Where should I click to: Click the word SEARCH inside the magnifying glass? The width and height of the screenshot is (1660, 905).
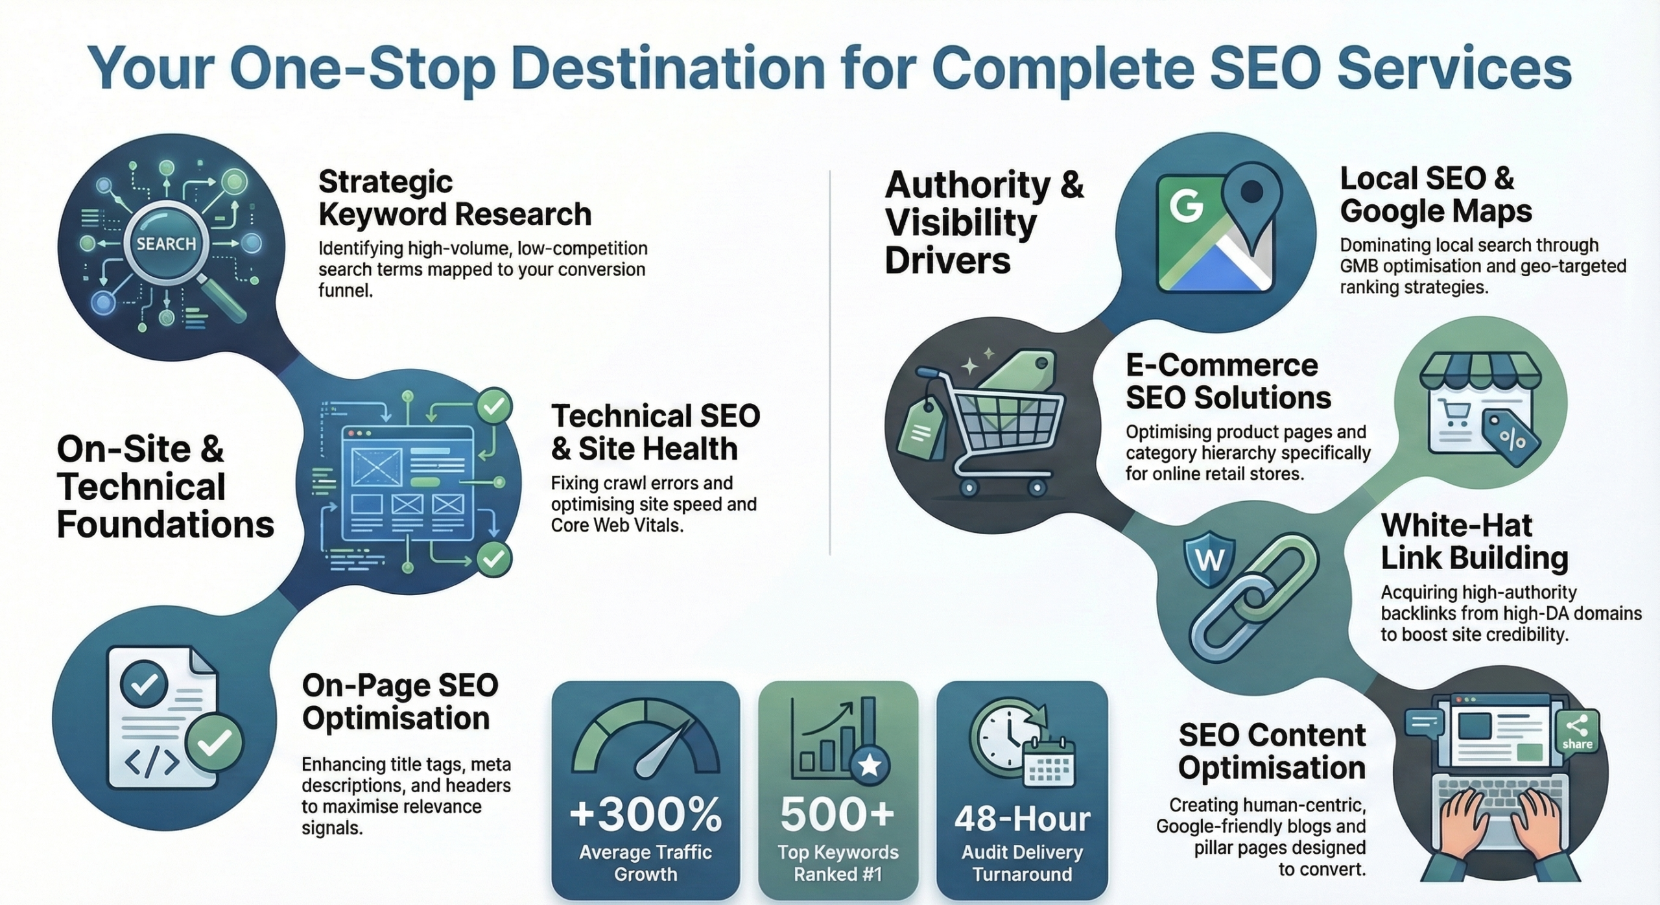coord(166,244)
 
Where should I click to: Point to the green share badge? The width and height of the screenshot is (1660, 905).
coord(1577,732)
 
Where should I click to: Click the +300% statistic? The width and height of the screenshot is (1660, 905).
coord(645,814)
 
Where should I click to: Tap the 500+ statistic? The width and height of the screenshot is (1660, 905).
coord(837,814)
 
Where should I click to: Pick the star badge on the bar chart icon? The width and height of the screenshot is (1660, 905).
coord(869,766)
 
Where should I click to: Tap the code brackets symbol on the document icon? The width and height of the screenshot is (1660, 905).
coord(152,763)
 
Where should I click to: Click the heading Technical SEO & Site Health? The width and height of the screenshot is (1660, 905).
coord(655,432)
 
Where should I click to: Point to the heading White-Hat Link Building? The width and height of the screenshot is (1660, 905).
coord(1474,541)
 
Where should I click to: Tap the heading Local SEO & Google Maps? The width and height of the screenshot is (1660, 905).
coord(1436,194)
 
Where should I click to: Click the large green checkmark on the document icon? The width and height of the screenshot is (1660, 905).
coord(214,742)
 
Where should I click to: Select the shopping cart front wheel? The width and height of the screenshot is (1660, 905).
coord(1037,488)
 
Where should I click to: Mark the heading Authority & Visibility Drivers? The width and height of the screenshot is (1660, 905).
coord(983,222)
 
